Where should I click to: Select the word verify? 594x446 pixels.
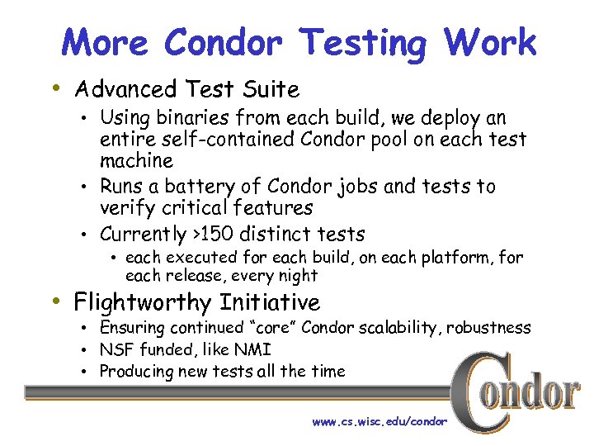(128, 207)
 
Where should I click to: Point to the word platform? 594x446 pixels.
(456, 258)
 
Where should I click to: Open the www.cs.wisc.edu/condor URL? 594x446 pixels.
(379, 421)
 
